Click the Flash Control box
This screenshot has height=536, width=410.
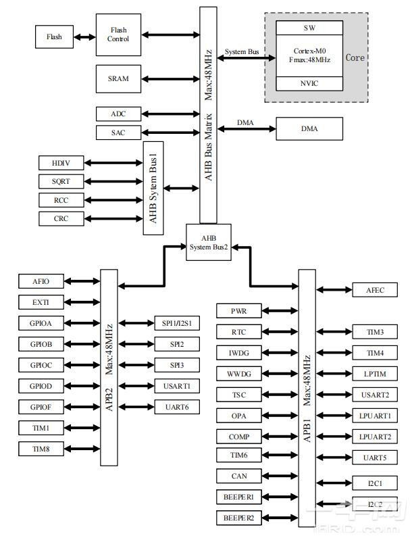coord(118,34)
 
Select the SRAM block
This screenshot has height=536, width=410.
coord(118,79)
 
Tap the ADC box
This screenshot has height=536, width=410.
coord(118,114)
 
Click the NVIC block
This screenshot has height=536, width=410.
coord(309,83)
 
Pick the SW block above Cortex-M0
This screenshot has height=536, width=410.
coord(309,28)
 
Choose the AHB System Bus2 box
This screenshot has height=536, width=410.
coord(209,242)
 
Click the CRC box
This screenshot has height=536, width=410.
coord(61,218)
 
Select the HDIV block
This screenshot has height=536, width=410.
coord(61,163)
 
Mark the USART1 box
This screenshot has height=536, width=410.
coord(177,386)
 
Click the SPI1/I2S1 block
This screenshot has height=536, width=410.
coord(177,324)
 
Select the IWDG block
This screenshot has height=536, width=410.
coord(240,353)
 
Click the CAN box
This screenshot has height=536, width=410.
coord(240,476)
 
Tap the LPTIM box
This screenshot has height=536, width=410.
coord(376,374)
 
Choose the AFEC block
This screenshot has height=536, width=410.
coord(376,290)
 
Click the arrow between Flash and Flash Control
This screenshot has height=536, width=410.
coord(84,36)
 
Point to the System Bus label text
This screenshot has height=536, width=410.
coord(242,51)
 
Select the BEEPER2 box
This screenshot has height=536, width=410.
coord(240,518)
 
